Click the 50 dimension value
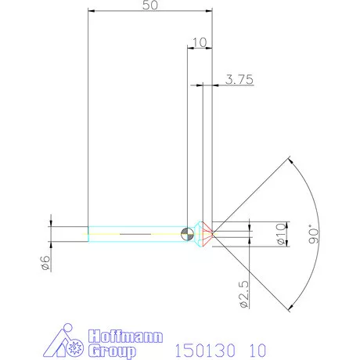click(150, 5)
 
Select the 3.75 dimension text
click(239, 79)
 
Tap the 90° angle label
click(314, 234)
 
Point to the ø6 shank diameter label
click(45, 263)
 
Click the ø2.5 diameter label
click(243, 294)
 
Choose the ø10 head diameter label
click(281, 234)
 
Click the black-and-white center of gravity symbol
click(187, 234)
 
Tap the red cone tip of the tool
click(208, 234)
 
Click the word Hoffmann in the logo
click(125, 337)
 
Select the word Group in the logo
click(112, 351)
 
